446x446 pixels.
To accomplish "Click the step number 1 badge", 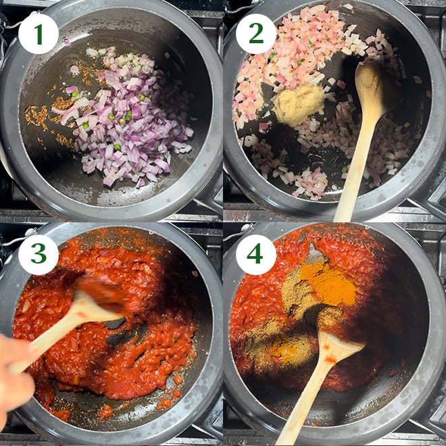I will (x=38, y=34).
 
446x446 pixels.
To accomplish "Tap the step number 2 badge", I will (x=256, y=34).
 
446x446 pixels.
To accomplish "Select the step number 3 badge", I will (x=38, y=254).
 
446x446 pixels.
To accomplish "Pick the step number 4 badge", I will (x=256, y=254).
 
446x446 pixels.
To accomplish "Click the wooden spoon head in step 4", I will (x=336, y=347).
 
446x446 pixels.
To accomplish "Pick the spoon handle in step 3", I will (x=54, y=338).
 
